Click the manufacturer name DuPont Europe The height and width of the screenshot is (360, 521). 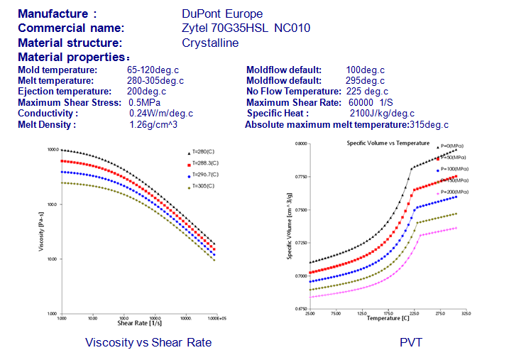[221, 14]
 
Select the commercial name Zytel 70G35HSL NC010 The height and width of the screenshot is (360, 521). [246, 28]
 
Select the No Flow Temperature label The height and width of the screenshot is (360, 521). [294, 92]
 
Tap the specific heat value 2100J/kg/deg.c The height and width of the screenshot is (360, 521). [383, 114]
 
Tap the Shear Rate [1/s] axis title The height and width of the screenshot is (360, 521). [136, 324]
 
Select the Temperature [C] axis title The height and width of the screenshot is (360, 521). [388, 318]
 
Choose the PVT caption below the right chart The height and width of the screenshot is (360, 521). [410, 342]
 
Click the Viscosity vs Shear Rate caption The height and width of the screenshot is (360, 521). [148, 342]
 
